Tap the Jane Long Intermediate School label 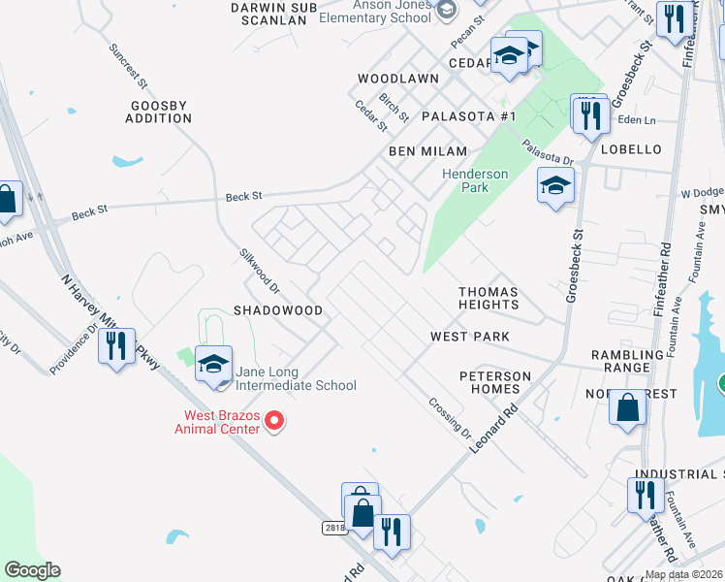point(295,378)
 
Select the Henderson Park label point(475,180)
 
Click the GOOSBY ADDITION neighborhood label point(159,112)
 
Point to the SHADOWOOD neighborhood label point(277,310)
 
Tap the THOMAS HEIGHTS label point(489,298)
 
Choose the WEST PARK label point(470,337)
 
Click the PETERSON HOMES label point(495,382)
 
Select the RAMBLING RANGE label point(634,362)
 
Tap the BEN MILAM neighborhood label point(428,151)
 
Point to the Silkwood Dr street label point(259,271)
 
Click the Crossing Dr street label point(450,418)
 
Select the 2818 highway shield point(334,527)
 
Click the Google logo point(32,570)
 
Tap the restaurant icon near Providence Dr point(115,345)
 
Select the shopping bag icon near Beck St point(8,199)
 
